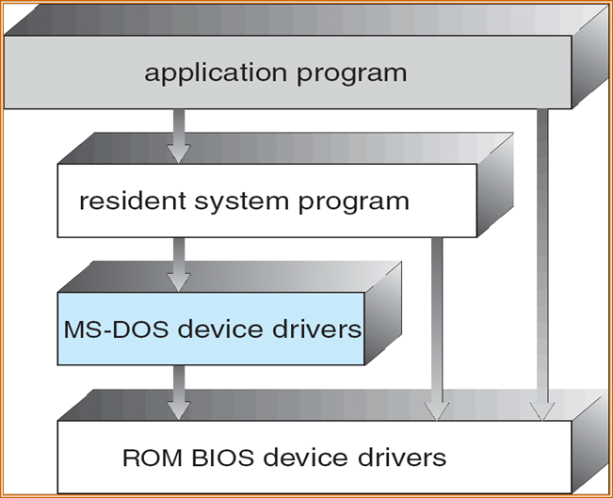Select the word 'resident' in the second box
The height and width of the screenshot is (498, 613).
click(127, 201)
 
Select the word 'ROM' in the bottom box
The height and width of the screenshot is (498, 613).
click(148, 458)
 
